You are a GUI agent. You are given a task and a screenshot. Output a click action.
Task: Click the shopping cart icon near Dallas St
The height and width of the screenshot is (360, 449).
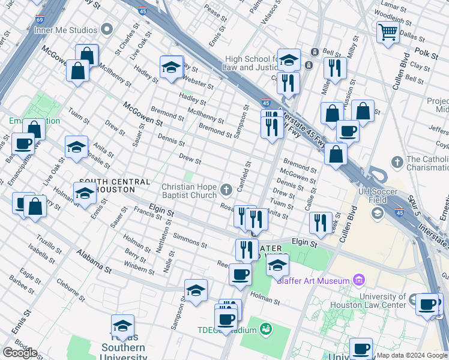pos(388,32)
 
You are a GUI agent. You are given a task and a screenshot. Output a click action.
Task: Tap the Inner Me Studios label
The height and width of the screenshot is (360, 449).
pos(66,30)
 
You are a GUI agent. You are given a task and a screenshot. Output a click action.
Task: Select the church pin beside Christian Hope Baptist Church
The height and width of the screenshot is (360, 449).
pos(227,190)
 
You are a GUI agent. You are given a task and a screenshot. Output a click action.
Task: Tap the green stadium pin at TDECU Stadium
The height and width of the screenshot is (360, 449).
pos(265,329)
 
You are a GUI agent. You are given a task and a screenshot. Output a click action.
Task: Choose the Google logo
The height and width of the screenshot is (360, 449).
pos(20,353)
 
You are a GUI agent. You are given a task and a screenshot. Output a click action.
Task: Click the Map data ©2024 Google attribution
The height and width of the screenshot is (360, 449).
pos(412,355)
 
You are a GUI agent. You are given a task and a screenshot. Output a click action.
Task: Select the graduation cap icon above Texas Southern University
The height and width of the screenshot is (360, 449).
pos(122,326)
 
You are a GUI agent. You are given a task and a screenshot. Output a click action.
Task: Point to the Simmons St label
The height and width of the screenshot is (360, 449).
pos(190,241)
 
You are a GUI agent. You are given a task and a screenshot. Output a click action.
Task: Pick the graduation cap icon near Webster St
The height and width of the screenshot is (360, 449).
pos(171,67)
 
